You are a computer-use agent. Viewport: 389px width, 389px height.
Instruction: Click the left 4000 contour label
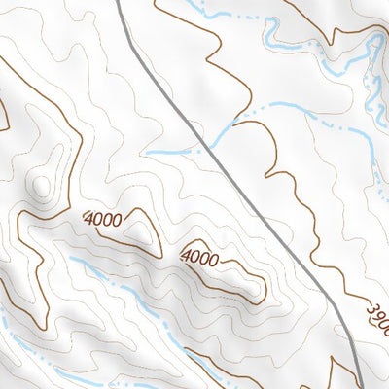[x=103, y=219]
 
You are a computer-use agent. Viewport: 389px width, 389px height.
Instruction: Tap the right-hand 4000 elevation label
[x=200, y=258]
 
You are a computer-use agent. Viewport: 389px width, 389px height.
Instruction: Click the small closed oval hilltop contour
[x=40, y=184]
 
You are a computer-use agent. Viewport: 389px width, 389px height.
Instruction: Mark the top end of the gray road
[x=117, y=3]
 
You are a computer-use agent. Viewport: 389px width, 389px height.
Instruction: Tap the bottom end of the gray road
[x=360, y=385]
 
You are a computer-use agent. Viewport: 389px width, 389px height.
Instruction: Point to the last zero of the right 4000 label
[x=213, y=261]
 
